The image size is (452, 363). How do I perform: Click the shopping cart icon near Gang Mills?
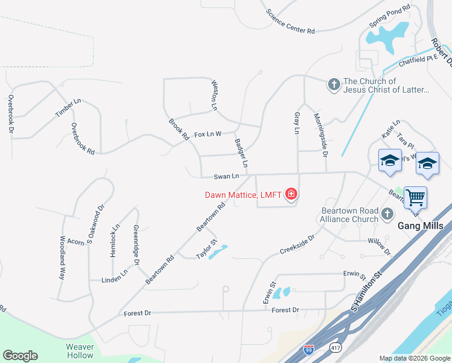pos(415,197)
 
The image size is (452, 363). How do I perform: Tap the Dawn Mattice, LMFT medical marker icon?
pos(291,194)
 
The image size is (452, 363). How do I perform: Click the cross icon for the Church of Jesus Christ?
pos(334,85)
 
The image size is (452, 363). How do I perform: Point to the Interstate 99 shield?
pos(309,348)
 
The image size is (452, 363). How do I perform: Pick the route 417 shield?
pos(336,348)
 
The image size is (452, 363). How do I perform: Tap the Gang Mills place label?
pos(421,226)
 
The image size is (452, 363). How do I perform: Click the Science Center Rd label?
pos(291,21)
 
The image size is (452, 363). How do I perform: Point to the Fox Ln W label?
pos(208,134)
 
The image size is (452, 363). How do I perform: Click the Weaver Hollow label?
pos(80,351)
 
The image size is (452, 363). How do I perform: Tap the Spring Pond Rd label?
pos(390,18)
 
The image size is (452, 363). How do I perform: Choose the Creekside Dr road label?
pos(297,244)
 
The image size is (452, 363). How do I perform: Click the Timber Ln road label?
pos(68,108)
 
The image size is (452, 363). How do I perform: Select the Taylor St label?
pos(207,250)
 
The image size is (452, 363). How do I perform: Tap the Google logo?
pos(20,356)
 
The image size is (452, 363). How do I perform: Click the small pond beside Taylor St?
pos(218,250)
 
